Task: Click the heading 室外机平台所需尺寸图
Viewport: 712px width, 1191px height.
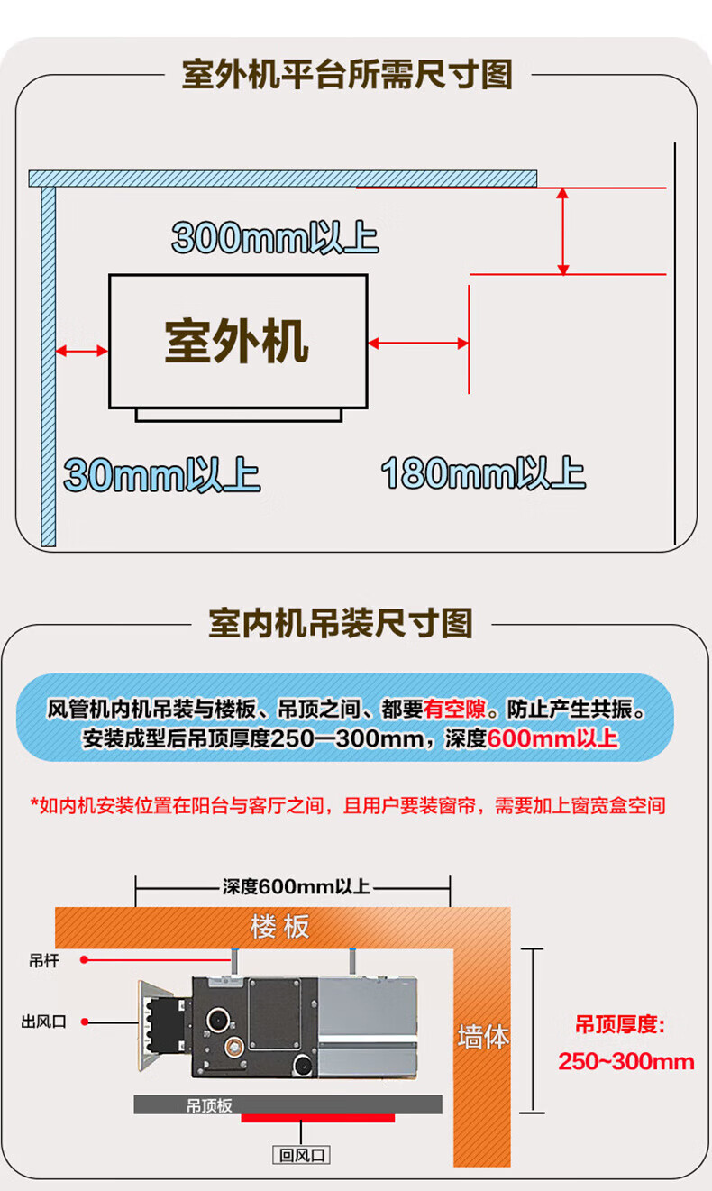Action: tap(347, 74)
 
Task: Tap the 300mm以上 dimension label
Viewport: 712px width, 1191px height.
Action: tap(275, 239)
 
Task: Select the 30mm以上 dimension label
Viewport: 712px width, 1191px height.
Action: tap(162, 475)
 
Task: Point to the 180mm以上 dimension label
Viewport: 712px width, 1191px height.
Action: tap(483, 472)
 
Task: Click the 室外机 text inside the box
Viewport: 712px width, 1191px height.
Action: tap(237, 341)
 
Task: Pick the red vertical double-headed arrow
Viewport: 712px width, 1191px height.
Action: tap(563, 231)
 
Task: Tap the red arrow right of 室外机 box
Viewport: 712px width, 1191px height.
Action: tap(418, 343)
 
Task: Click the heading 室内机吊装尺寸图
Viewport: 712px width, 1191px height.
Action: tap(341, 622)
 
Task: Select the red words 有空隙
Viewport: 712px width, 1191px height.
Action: tap(453, 710)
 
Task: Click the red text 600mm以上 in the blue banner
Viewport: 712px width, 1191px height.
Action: tap(552, 739)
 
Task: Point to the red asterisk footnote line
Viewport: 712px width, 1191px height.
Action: tap(348, 805)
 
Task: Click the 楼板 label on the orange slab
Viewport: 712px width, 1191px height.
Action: tap(280, 926)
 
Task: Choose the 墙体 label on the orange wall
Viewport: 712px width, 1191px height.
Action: tap(483, 1037)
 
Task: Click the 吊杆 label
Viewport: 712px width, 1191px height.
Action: tap(44, 961)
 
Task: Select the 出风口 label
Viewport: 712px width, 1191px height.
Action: tap(44, 1022)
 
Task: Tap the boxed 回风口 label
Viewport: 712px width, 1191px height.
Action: tap(301, 1155)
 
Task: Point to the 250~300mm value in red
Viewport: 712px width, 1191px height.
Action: tap(626, 1061)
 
